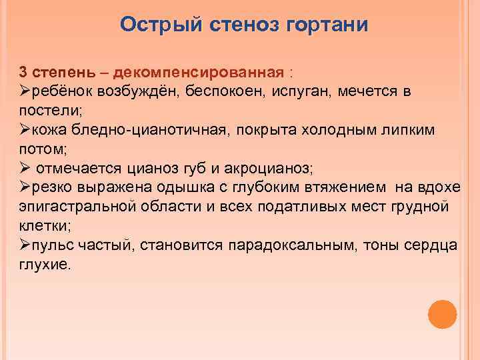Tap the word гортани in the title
pyautogui.click(x=327, y=25)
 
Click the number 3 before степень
pyautogui.click(x=23, y=71)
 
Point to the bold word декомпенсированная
pyautogui.click(x=201, y=71)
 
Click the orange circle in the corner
pyautogui.click(x=442, y=313)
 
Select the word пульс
pyautogui.click(x=52, y=245)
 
